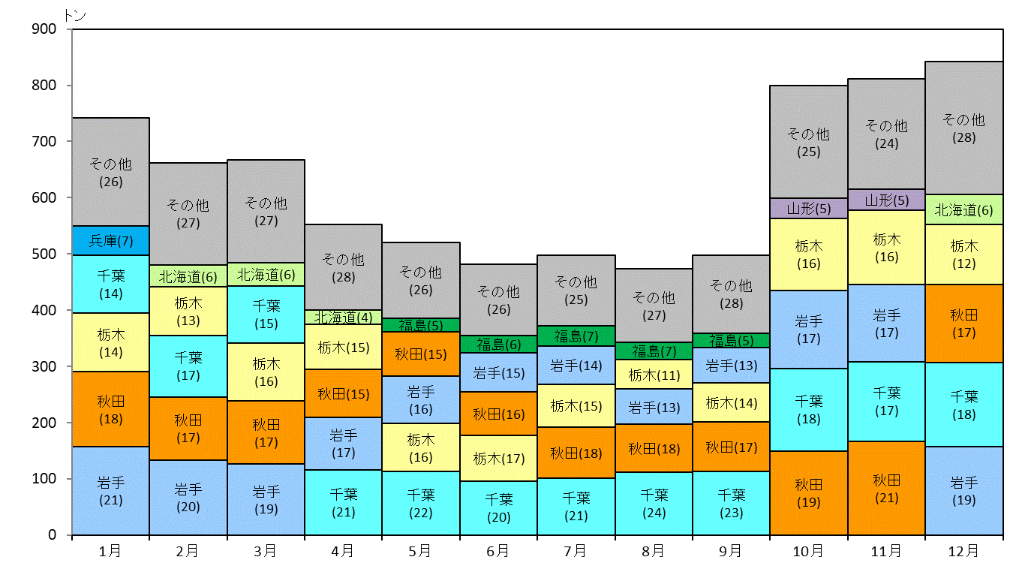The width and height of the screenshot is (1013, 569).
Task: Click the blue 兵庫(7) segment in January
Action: pos(111,241)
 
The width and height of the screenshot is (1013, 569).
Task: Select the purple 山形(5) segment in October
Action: pos(809,209)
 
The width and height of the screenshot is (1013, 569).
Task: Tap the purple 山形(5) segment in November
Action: pos(886,200)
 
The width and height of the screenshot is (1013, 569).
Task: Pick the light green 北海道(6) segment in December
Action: pos(963,210)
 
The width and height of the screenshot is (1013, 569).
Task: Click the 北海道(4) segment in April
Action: pos(343,317)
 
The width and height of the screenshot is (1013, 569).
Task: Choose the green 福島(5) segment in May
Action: pos(421,325)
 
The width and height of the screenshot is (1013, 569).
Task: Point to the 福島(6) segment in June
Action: pos(499,345)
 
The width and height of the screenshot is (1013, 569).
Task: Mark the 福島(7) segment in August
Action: pos(654,351)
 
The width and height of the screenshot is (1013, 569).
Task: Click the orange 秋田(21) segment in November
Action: pos(886,489)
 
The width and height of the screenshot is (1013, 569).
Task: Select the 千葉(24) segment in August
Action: pos(654,504)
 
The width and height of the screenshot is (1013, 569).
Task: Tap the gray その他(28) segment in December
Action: pos(963,128)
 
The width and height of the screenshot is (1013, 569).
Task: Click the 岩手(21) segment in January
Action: pos(111,491)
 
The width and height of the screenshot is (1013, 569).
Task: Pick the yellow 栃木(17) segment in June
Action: pos(499,459)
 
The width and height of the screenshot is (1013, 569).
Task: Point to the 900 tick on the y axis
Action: pos(69,29)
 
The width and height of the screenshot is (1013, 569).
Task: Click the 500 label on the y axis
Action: pos(44,254)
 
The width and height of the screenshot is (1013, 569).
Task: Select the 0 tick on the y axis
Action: pos(69,535)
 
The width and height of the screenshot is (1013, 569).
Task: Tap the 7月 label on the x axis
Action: pos(576,551)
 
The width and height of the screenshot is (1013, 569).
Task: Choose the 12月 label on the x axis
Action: pos(963,551)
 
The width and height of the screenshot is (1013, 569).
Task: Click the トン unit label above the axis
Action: pos(75,16)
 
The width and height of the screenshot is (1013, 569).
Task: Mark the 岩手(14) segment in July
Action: pos(576,366)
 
